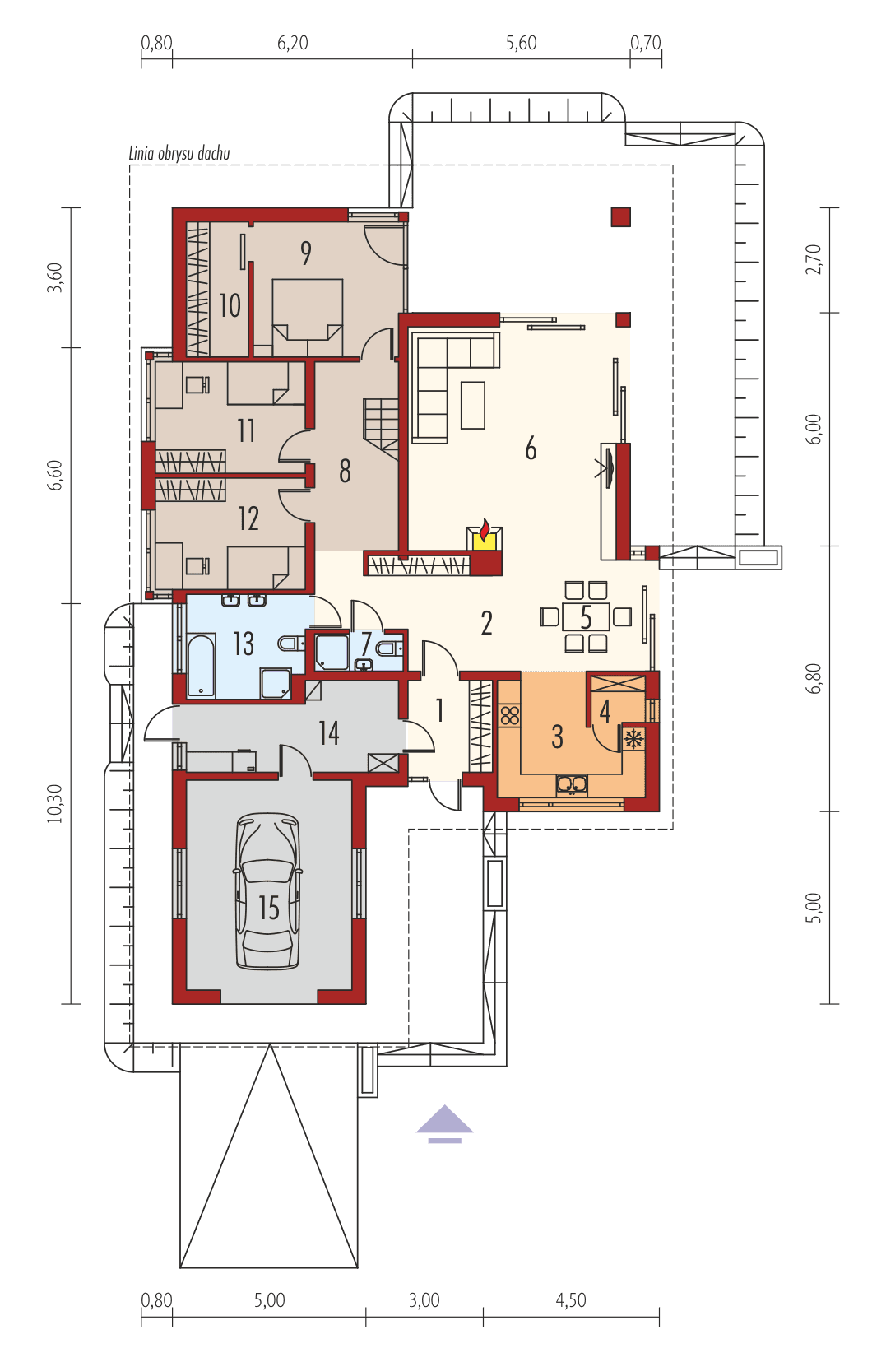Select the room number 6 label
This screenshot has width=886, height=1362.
pos(531,449)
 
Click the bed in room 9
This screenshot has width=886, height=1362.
pos(307,309)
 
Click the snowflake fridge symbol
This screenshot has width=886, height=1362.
pos(633,739)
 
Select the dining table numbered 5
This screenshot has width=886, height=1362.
pos(586,616)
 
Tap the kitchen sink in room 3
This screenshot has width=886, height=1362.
pos(572,783)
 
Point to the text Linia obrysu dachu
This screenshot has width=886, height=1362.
pos(179,153)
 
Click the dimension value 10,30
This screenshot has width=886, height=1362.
pos(54,803)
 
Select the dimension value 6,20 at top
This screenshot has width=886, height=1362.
pos(293,43)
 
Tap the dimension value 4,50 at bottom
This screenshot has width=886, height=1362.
pos(571,1300)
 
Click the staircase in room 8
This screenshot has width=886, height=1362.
pos(381,420)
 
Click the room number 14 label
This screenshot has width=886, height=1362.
pos(328,733)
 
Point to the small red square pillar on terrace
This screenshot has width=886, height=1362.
pos(620,216)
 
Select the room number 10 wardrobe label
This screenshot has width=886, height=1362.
pos(230,306)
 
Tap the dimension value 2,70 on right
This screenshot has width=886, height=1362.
pos(814,259)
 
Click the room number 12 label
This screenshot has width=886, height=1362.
pos(248,518)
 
